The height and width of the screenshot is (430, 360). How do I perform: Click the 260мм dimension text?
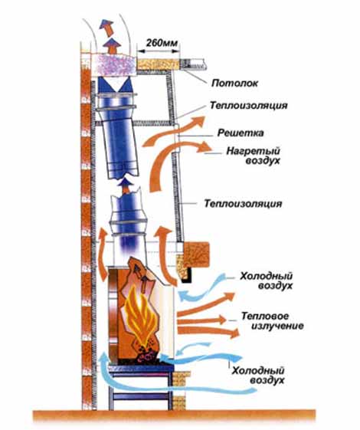162,43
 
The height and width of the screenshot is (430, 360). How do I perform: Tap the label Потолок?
234,83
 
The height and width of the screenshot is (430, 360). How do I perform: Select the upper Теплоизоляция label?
248,105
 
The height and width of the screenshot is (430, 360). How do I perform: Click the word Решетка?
241,133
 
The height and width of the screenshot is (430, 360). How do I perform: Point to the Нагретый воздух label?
253,156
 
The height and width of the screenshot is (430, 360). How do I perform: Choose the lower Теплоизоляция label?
243,203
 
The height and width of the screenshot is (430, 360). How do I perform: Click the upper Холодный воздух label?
266,281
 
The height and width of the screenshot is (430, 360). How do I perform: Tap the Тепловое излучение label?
272,321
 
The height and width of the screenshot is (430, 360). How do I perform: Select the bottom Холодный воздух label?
258,376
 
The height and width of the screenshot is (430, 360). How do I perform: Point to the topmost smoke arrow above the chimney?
106,28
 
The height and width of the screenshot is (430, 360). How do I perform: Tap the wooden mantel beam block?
196,254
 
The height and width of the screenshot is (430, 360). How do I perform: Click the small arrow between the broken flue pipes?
126,185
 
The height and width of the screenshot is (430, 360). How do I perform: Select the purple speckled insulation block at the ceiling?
115,64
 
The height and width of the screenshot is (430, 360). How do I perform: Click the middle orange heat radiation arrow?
201,320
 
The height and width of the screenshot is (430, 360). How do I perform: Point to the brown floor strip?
174,416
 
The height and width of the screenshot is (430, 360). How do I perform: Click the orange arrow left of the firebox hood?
103,254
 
